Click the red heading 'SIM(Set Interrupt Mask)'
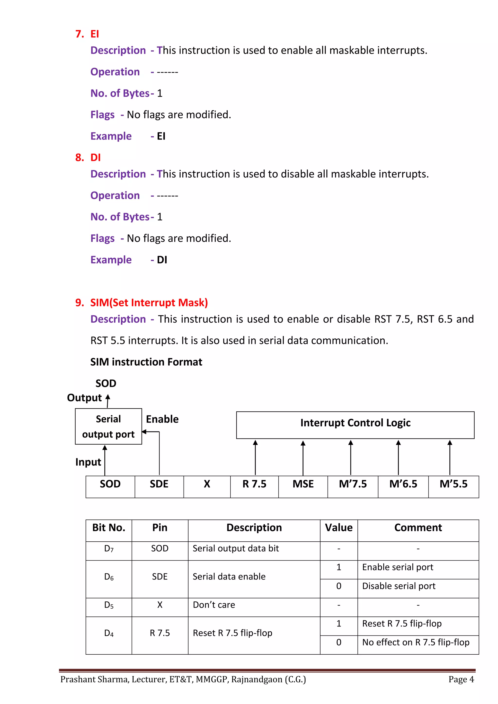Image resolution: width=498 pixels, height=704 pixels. [x=149, y=303]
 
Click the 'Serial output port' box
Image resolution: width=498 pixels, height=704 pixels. [x=108, y=426]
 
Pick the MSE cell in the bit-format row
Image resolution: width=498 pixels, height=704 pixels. [x=303, y=484]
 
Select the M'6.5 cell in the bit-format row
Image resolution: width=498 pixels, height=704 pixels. [x=403, y=484]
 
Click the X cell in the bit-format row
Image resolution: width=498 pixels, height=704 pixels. [x=207, y=484]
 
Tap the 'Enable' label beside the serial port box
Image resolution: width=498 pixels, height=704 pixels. [x=162, y=419]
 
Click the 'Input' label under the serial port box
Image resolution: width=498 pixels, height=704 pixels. [x=88, y=462]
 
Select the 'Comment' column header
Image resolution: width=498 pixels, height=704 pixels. [x=418, y=528]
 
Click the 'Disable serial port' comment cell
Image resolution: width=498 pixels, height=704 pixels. [x=399, y=586]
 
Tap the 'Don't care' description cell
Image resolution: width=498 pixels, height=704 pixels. [x=214, y=605]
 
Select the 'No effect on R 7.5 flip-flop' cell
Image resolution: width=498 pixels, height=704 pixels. [x=416, y=642]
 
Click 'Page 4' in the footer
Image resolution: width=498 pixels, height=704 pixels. [x=461, y=679]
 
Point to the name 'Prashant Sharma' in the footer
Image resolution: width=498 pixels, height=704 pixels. [x=94, y=679]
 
